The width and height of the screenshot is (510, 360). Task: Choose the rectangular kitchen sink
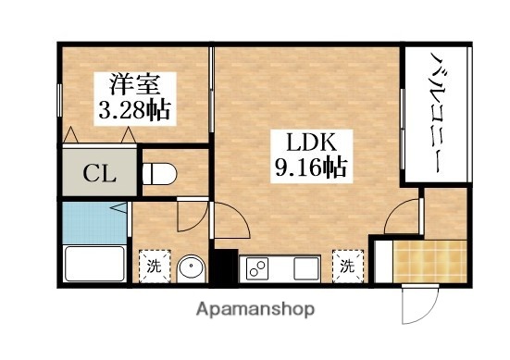click(305, 269)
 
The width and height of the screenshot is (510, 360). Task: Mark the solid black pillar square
click(223, 265)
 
